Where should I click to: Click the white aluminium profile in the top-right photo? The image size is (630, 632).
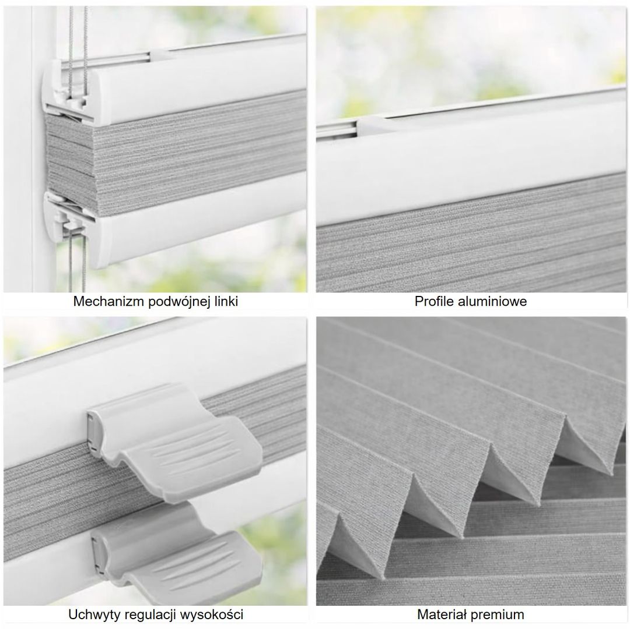coord(472,161)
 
